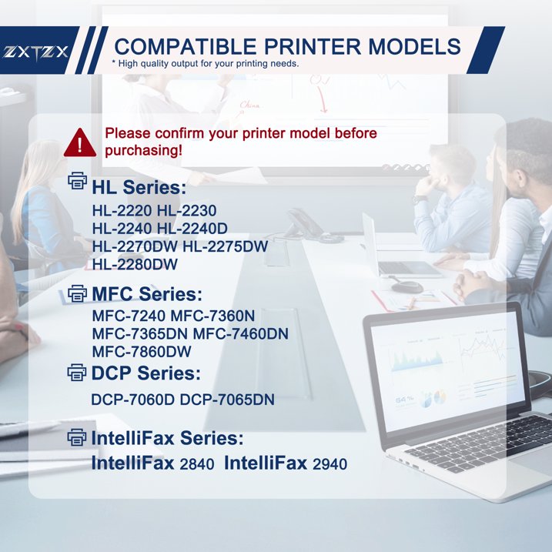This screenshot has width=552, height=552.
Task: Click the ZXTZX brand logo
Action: tap(36, 52)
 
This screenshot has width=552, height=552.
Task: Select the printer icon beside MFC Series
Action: tap(78, 293)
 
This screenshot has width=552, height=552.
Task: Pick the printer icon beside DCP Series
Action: tap(78, 373)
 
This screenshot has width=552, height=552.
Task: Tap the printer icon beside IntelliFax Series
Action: tap(78, 438)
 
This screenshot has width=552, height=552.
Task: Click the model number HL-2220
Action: tap(121, 210)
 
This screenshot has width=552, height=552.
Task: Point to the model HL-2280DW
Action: tap(135, 265)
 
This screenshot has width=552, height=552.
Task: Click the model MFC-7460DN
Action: tap(240, 333)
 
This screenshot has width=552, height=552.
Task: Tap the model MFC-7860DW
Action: tap(141, 352)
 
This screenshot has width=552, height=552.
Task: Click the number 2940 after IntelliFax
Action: tap(330, 464)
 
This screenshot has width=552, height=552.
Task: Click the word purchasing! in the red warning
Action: tap(144, 150)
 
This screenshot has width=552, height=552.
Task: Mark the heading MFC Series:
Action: tap(147, 294)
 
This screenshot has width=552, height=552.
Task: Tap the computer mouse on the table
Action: tap(406, 287)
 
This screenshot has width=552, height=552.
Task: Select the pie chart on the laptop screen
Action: tap(437, 398)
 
